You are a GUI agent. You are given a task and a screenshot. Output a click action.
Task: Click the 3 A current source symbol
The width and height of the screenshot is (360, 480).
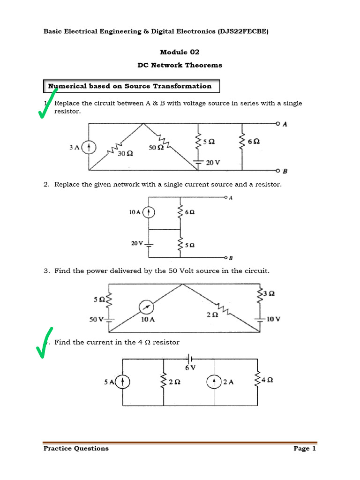point(89,148)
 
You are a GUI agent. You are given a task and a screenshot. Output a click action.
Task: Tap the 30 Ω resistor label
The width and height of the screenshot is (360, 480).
point(125,153)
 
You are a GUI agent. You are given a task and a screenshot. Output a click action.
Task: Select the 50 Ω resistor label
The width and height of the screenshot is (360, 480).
point(157,148)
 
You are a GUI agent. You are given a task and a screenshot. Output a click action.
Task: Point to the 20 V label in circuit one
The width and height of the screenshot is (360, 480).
point(213,163)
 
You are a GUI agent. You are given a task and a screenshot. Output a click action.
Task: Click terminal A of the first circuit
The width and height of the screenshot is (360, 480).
point(278,124)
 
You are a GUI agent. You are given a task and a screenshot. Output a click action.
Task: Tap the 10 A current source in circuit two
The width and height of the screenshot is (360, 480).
point(149,212)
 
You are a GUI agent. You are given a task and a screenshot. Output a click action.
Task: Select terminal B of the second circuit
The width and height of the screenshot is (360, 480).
point(227,258)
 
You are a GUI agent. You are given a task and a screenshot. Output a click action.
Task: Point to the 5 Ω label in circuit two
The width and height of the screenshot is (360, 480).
point(190,245)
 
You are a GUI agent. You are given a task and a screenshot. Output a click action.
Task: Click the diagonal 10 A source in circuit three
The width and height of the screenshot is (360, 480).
point(146,307)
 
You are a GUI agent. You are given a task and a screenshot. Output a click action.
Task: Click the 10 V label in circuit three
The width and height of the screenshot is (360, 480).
point(273,319)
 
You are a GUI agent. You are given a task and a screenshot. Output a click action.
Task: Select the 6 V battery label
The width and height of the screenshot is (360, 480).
point(190,368)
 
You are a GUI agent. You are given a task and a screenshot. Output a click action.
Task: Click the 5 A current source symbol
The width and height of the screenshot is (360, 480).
point(122,382)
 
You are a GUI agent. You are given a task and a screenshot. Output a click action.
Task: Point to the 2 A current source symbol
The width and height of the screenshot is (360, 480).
point(214,382)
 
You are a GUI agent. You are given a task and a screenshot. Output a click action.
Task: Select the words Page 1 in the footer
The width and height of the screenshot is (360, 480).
point(305,449)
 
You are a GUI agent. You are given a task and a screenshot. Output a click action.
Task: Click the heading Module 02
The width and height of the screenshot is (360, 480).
point(180,52)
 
